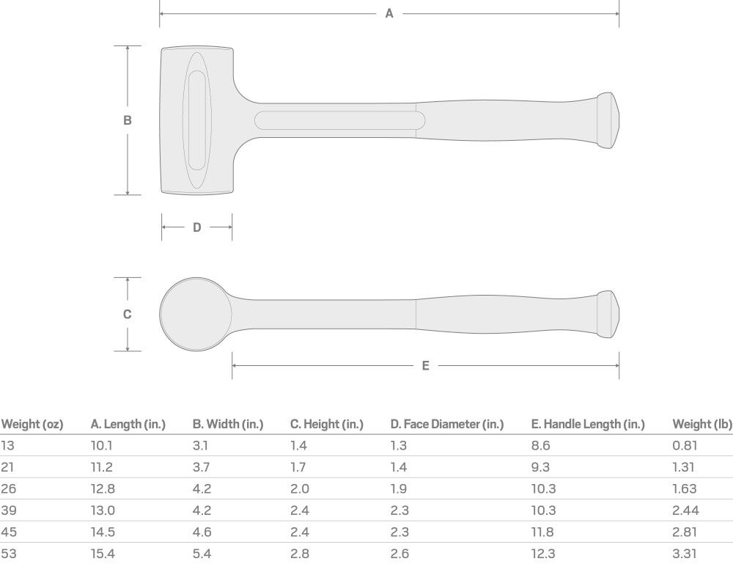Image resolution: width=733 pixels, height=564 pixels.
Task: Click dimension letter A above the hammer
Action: tap(389, 13)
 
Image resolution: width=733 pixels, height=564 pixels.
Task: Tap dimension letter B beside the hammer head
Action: tap(127, 120)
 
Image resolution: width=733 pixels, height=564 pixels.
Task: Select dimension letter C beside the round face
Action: tap(127, 314)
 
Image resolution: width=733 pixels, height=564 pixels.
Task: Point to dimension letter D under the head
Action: tap(196, 227)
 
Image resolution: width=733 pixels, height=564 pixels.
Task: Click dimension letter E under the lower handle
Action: tap(425, 366)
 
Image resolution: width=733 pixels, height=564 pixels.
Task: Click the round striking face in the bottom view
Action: tap(196, 314)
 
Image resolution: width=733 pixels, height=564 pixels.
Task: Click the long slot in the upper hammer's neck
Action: tap(340, 121)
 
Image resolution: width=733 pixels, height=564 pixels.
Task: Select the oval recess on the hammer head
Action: tap(196, 120)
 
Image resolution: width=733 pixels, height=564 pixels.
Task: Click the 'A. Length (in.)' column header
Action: tap(128, 424)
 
